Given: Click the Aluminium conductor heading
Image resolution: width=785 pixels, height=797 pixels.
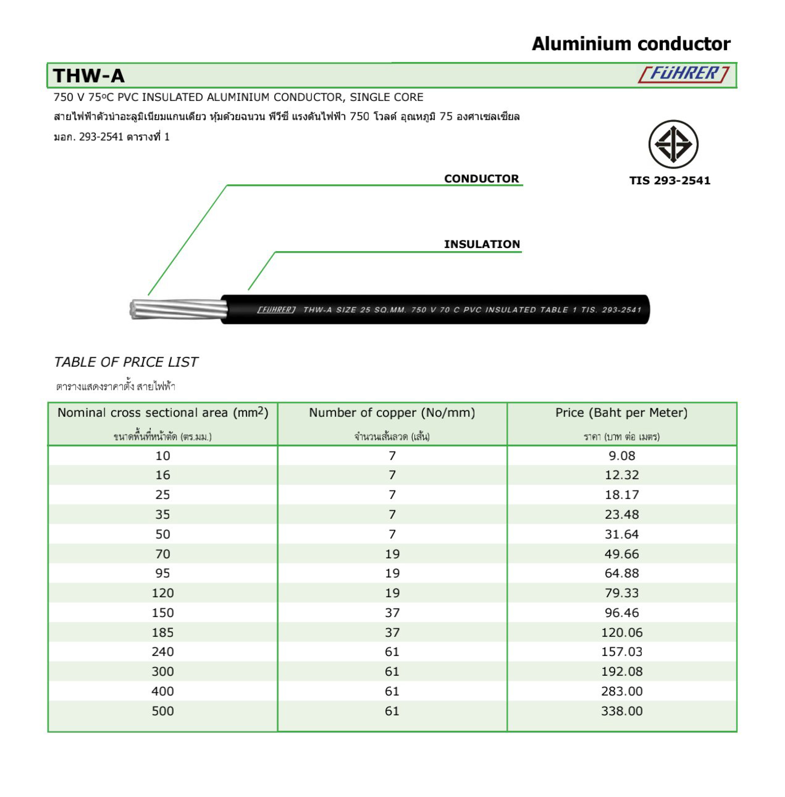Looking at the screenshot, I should pos(631,44).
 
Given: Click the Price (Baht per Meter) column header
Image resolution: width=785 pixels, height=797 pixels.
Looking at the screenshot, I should pos(621,413).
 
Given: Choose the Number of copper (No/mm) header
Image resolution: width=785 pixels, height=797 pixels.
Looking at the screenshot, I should pos(392,413).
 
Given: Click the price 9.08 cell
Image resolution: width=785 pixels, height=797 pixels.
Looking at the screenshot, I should pos(621,456).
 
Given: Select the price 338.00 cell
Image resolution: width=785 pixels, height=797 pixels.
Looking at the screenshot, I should pos(621,711).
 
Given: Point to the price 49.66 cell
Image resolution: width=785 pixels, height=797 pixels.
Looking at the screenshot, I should pos(621,554).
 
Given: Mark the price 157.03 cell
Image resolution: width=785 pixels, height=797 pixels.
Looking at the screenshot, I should pos(621,652).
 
